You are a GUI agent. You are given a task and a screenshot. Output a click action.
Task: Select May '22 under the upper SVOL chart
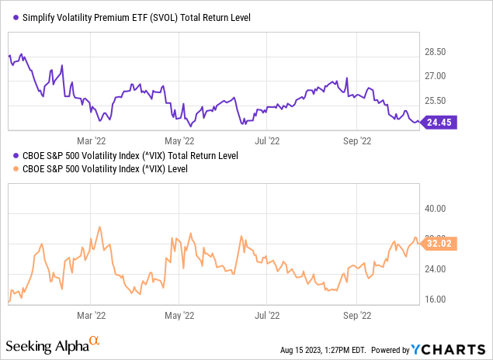[179, 140]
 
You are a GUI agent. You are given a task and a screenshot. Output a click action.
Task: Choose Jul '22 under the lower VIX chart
[267, 316]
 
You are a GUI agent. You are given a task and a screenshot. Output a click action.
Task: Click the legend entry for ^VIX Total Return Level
[132, 155]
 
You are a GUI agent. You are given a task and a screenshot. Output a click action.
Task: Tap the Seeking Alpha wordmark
[46, 344]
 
